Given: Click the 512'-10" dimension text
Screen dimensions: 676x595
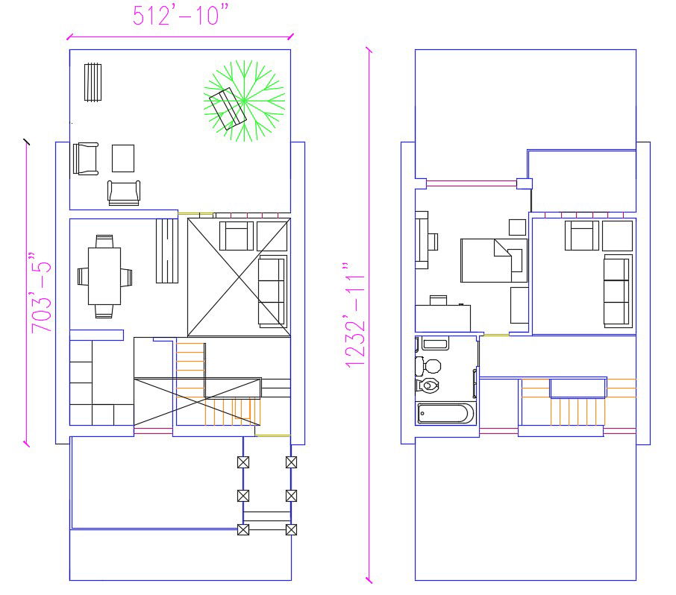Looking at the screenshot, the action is [181, 16].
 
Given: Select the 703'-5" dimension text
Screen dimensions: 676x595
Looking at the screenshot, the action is [42, 292].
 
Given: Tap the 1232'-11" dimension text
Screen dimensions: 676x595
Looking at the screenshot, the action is [355, 315].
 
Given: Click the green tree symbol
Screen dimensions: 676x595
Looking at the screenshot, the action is [244, 101].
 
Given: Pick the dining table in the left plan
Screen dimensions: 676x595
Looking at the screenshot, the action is [104, 276].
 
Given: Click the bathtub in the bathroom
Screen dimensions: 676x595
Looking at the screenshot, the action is [445, 413].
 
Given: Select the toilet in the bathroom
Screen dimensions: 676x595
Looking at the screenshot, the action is [428, 385].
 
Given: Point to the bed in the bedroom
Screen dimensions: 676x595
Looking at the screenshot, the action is [494, 261].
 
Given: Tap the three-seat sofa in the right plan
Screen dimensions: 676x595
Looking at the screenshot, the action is [618, 292].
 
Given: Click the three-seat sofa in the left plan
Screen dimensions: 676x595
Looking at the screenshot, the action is [272, 292].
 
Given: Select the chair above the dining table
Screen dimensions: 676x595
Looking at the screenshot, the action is [104, 242].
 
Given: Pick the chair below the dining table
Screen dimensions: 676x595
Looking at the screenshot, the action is [104, 311].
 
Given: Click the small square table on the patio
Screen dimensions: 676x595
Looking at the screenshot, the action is [123, 159].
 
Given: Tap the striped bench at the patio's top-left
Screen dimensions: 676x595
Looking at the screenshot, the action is [93, 82].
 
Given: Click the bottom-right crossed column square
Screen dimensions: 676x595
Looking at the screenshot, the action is [292, 529].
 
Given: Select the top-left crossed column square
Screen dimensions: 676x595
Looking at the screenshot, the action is [243, 462].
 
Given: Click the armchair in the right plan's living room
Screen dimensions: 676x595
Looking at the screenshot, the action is [582, 236].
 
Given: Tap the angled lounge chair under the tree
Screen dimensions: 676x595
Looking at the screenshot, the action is [228, 109].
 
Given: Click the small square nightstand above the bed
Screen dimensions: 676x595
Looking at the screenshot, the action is [517, 227].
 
